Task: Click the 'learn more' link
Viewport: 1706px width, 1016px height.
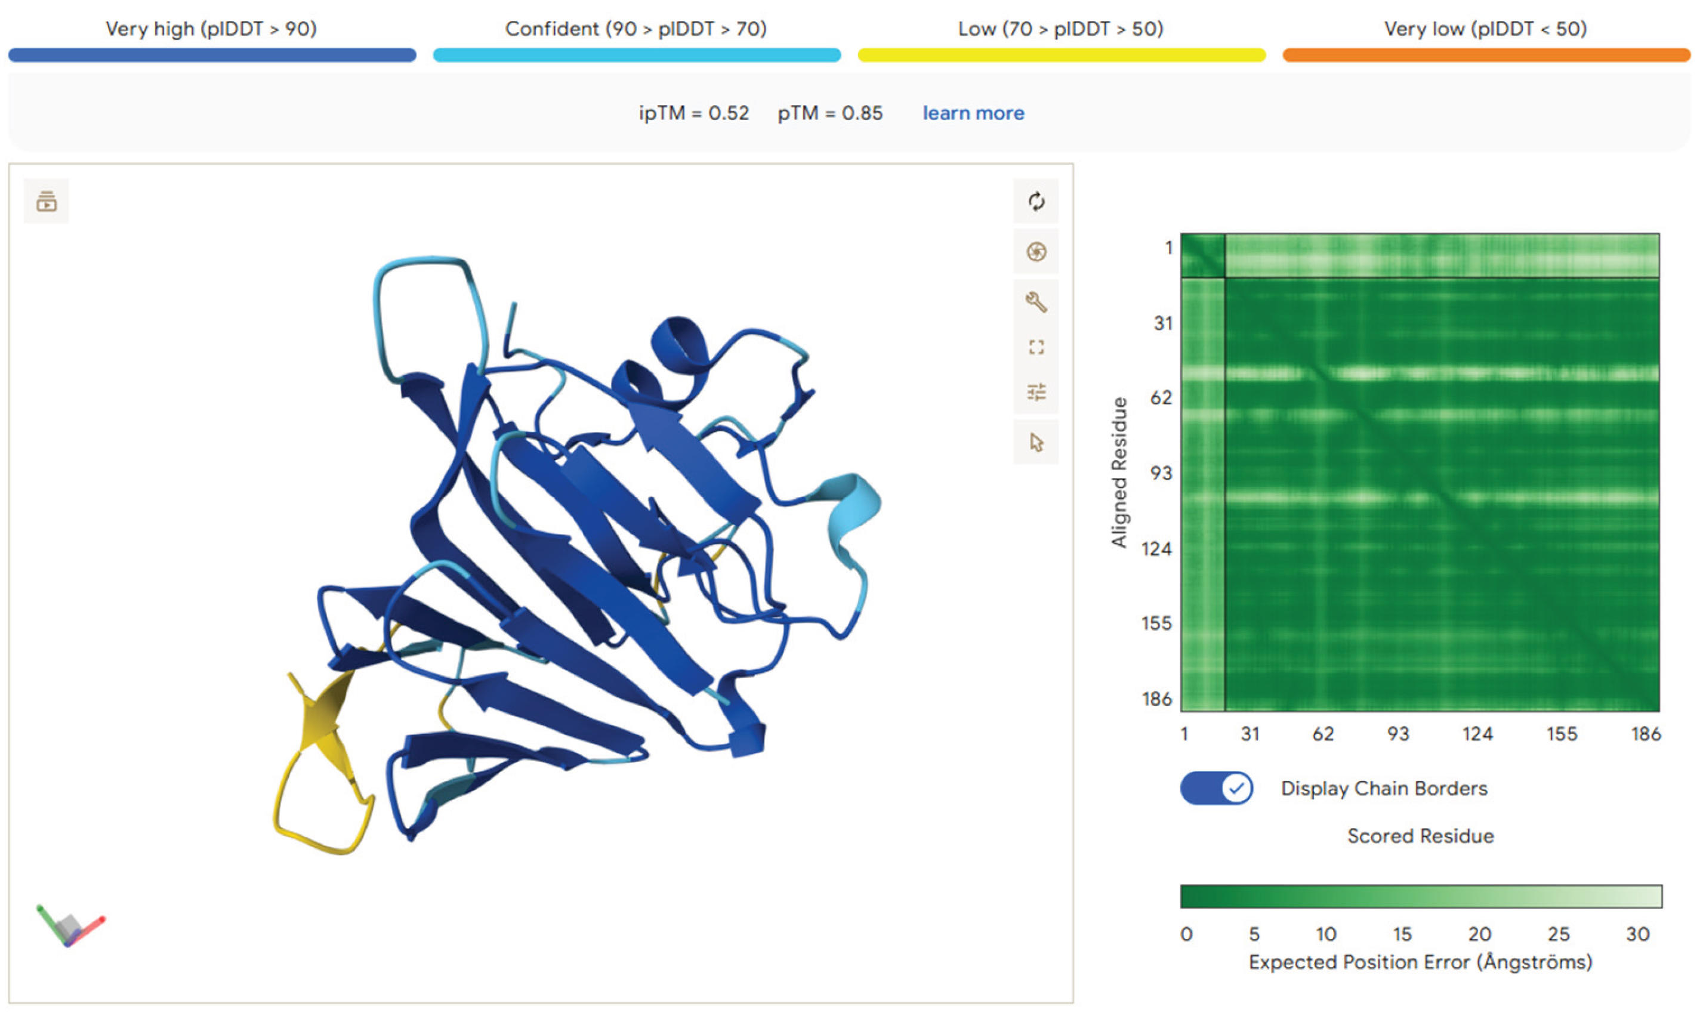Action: point(973,113)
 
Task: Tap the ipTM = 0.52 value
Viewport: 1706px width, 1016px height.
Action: point(693,113)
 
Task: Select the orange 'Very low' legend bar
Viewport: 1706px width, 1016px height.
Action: point(1486,55)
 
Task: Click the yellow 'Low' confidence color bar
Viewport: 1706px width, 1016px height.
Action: point(1061,55)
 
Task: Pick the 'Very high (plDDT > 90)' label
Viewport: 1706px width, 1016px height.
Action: point(211,29)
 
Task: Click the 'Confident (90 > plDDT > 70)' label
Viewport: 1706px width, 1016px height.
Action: point(636,29)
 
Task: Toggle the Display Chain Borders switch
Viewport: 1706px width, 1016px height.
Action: point(1217,788)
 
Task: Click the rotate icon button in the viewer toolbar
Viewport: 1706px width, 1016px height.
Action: point(1036,201)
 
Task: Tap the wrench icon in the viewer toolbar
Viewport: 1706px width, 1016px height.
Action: point(1036,302)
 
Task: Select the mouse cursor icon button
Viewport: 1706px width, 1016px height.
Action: point(1036,443)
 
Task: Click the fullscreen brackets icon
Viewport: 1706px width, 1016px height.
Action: point(1036,348)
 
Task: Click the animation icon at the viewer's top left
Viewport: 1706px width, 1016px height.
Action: point(47,201)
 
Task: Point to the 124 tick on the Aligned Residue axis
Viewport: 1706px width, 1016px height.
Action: point(1157,549)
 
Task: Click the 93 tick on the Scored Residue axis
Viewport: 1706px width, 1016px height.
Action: point(1398,734)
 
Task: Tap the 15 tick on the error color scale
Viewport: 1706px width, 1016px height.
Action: point(1401,934)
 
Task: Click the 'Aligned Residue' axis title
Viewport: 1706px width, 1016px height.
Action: point(1119,473)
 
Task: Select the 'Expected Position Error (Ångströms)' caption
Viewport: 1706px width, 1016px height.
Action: point(1421,962)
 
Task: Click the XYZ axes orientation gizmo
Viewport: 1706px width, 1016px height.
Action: point(70,927)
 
